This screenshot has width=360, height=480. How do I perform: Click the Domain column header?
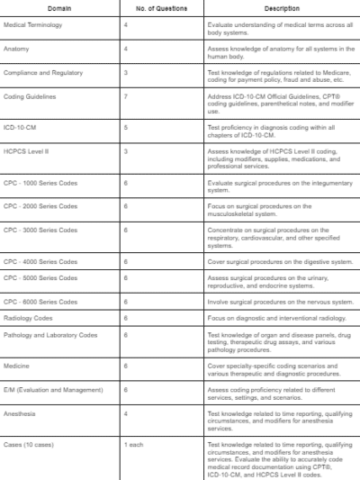[60, 8]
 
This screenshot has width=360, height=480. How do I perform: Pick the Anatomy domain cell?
[16, 49]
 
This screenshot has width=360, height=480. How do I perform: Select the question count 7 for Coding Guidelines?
[125, 94]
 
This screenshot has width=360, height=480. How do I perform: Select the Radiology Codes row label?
[28, 318]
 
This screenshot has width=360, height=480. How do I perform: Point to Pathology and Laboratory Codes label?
[50, 335]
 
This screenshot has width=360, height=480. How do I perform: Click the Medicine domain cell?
[16, 367]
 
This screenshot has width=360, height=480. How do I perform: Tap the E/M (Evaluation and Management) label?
[53, 390]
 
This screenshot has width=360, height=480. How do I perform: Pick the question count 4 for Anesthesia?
[125, 414]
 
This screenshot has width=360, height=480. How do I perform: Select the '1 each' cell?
[132, 445]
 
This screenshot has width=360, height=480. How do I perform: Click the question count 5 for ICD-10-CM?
[125, 128]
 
